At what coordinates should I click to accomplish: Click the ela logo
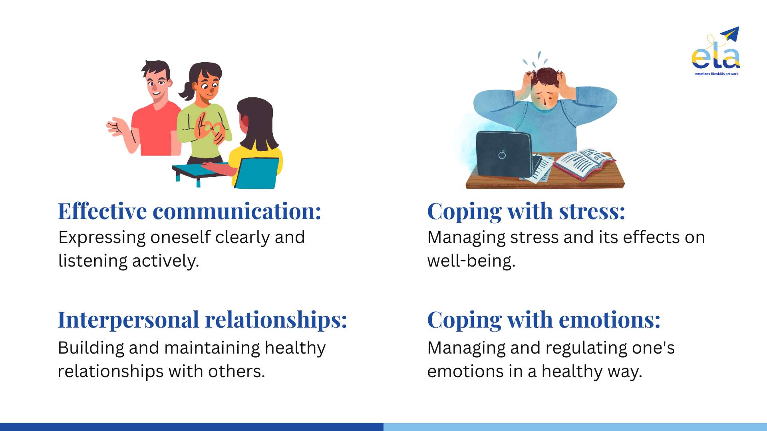click(x=716, y=51)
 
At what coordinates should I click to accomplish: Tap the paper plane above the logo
click(x=730, y=34)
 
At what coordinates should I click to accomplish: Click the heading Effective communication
click(x=189, y=211)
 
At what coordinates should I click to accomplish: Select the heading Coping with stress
click(x=526, y=212)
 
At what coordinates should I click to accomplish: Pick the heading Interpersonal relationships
click(x=203, y=320)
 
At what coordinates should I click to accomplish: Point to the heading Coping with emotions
click(x=544, y=320)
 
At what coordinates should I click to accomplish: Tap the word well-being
click(x=471, y=261)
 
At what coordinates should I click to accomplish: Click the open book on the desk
click(x=584, y=163)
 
